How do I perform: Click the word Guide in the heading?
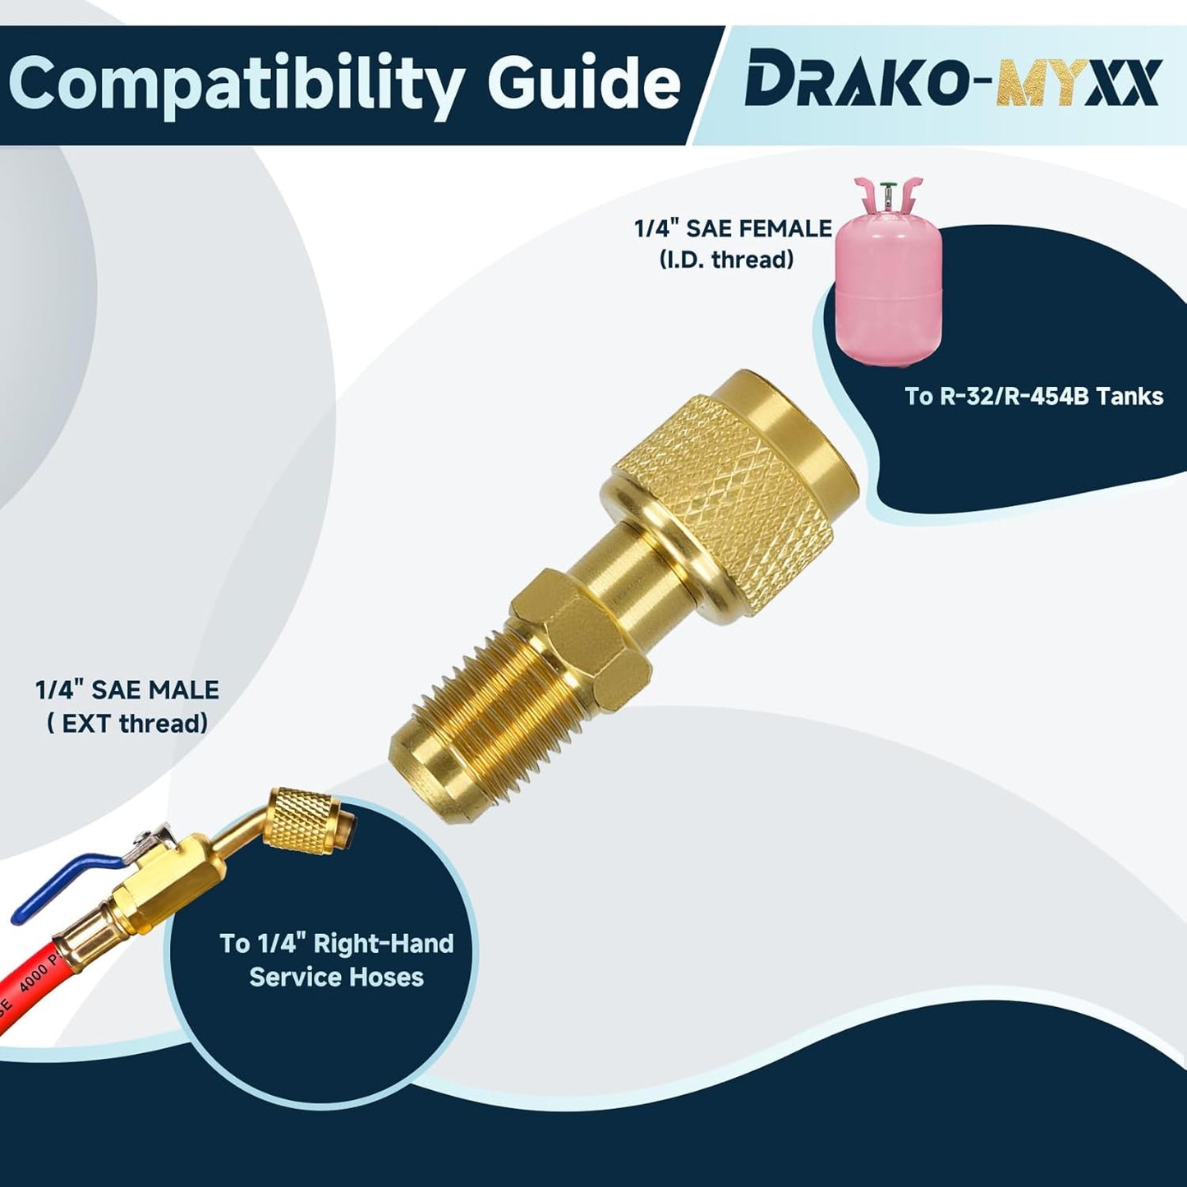[584, 82]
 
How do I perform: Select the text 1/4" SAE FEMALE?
[733, 228]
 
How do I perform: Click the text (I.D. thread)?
[726, 260]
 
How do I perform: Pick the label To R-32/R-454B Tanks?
[1033, 396]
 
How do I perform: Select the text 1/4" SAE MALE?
[127, 690]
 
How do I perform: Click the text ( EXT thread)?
[127, 724]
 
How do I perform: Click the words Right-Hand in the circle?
[384, 943]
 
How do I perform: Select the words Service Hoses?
[336, 977]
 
